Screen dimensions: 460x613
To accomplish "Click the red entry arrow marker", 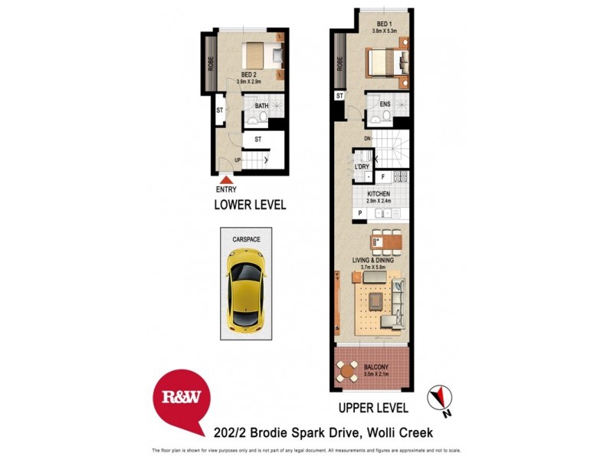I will click(226, 180).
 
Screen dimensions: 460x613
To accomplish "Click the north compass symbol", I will click(440, 396).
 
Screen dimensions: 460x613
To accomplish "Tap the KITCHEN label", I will click(379, 194).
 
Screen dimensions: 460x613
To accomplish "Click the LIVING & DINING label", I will click(373, 261).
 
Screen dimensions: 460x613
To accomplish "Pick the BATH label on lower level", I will click(261, 106).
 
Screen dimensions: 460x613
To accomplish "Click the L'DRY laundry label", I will click(362, 166).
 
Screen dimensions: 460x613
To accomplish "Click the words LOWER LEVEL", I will click(250, 205).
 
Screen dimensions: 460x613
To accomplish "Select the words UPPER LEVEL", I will click(373, 408).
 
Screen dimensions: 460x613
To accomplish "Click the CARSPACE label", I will click(246, 239).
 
